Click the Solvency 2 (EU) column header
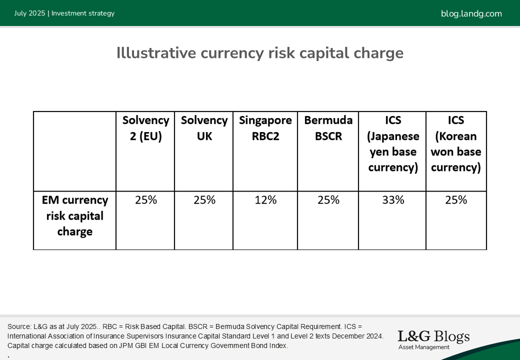(145, 128)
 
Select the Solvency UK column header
(204, 128)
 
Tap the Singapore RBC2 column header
(265, 128)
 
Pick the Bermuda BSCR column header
(328, 128)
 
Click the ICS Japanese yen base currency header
(393, 143)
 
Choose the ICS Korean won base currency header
(456, 143)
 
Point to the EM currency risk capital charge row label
(75, 216)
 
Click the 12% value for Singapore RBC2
(265, 200)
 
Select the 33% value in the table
(393, 200)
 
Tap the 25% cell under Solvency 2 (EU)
(146, 200)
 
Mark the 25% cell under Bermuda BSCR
(328, 200)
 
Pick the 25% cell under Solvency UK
(204, 200)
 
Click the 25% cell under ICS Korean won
(456, 200)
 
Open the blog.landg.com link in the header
(471, 13)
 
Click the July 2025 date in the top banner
(29, 13)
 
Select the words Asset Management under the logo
(424, 347)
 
